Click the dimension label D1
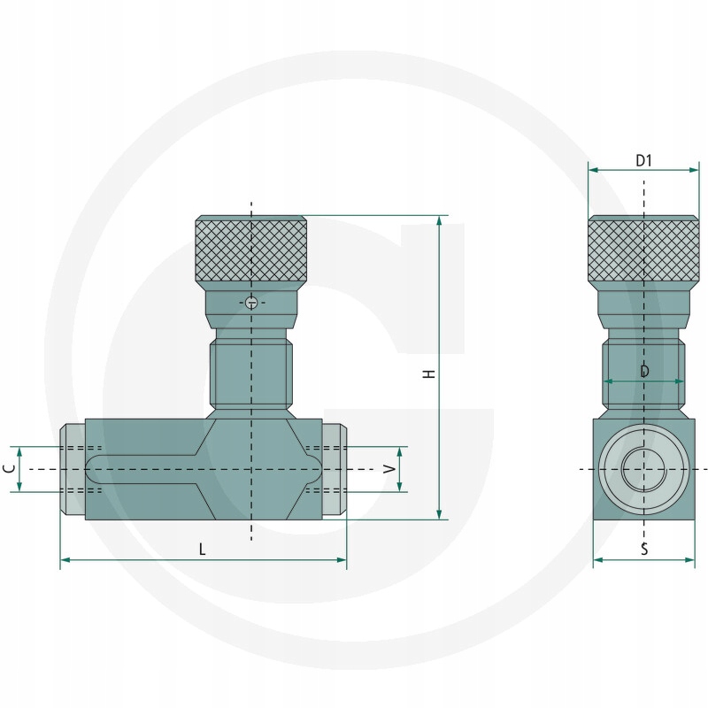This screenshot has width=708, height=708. [x=644, y=160]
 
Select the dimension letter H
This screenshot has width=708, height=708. [x=429, y=373]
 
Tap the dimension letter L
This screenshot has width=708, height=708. [x=203, y=549]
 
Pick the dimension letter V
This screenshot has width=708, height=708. [x=389, y=469]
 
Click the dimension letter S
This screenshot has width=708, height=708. [x=644, y=549]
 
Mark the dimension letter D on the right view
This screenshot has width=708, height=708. [x=645, y=371]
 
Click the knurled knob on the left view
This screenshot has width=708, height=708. [x=251, y=249]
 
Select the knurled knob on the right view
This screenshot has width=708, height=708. [x=644, y=249]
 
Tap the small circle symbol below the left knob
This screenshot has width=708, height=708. [x=251, y=303]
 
